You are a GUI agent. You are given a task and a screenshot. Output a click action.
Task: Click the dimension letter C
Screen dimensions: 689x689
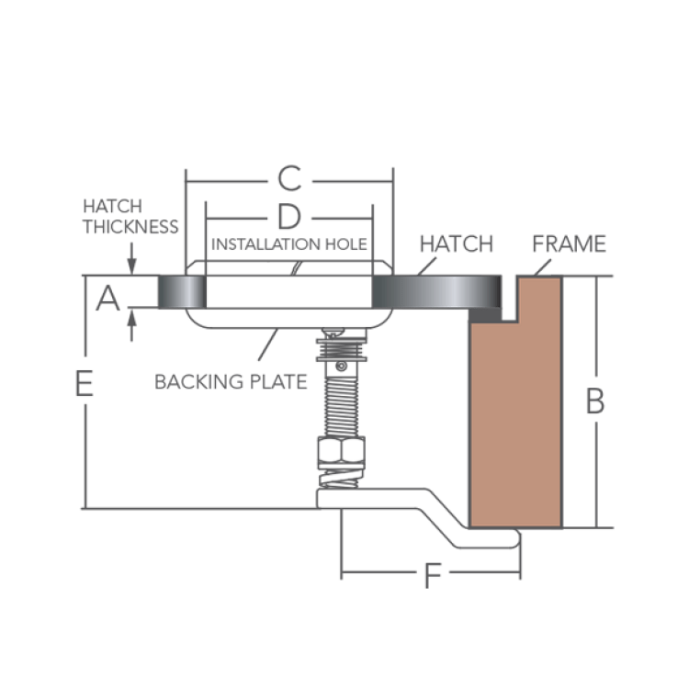pyautogui.click(x=289, y=178)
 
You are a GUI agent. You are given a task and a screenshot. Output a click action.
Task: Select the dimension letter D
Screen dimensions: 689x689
pyautogui.click(x=289, y=217)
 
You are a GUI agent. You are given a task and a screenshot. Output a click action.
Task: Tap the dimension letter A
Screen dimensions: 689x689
pyautogui.click(x=107, y=298)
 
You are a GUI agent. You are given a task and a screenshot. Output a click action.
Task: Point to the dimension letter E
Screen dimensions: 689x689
pyautogui.click(x=85, y=383)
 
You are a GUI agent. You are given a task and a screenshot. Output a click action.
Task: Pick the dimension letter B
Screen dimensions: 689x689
pyautogui.click(x=595, y=401)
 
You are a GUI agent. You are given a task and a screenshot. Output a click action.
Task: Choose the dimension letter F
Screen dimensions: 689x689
pyautogui.click(x=433, y=576)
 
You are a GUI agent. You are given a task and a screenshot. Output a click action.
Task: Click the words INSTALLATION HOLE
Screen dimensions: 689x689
pyautogui.click(x=289, y=243)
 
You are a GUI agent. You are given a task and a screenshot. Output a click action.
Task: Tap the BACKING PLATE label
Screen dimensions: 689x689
pyautogui.click(x=231, y=381)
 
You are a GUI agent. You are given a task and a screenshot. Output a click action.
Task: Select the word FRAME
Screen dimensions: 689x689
pyautogui.click(x=569, y=243)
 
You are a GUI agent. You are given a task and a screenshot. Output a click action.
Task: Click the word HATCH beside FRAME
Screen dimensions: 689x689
pyautogui.click(x=457, y=243)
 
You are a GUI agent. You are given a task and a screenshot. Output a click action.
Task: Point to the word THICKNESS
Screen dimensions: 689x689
pyautogui.click(x=131, y=227)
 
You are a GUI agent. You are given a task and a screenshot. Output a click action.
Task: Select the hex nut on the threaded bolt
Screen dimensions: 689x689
pyautogui.click(x=341, y=450)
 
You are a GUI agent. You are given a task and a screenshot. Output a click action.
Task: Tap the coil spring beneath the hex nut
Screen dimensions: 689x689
pyautogui.click(x=341, y=478)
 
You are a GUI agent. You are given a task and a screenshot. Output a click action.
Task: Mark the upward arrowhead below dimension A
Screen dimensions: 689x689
pyautogui.click(x=131, y=317)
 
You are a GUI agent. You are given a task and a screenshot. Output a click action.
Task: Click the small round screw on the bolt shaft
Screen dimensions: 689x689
pyautogui.click(x=341, y=366)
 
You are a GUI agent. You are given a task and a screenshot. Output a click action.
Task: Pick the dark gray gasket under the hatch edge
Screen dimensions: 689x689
pyautogui.click(x=486, y=315)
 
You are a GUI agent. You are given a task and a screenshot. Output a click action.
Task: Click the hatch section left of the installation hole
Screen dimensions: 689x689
pyautogui.click(x=182, y=292)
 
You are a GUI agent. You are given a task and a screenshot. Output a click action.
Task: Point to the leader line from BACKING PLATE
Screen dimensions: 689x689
pyautogui.click(x=268, y=344)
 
